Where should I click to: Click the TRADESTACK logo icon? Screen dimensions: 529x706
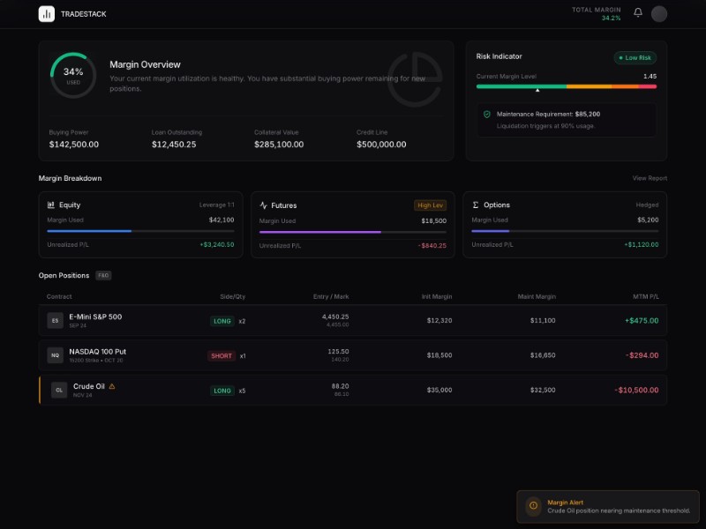coord(46,14)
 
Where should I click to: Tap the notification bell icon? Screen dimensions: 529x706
coord(638,13)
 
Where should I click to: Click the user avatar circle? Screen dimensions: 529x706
coord(659,14)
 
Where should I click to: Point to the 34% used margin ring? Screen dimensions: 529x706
coord(73,75)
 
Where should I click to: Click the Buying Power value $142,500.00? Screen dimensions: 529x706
coord(74,145)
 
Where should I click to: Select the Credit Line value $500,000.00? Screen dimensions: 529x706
coord(381,145)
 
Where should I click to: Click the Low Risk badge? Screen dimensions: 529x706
coord(635,58)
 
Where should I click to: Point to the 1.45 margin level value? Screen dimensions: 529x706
coord(650,77)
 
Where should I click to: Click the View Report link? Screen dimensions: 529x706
coord(650,178)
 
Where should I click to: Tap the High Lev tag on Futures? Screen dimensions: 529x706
coord(430,205)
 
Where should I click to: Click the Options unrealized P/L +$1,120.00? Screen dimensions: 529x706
coord(641,244)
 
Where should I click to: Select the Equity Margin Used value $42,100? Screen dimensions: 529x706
coord(222,220)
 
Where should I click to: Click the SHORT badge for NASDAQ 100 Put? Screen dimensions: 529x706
coord(222,356)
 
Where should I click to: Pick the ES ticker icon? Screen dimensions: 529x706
coord(55,321)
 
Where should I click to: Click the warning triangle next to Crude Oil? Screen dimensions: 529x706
coord(112,386)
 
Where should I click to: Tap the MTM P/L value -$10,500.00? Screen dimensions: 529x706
coord(636,390)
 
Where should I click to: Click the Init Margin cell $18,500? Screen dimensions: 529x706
coord(439,355)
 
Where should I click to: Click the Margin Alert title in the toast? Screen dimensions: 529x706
coord(565,503)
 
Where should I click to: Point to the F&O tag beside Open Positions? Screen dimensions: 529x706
coord(103,276)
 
